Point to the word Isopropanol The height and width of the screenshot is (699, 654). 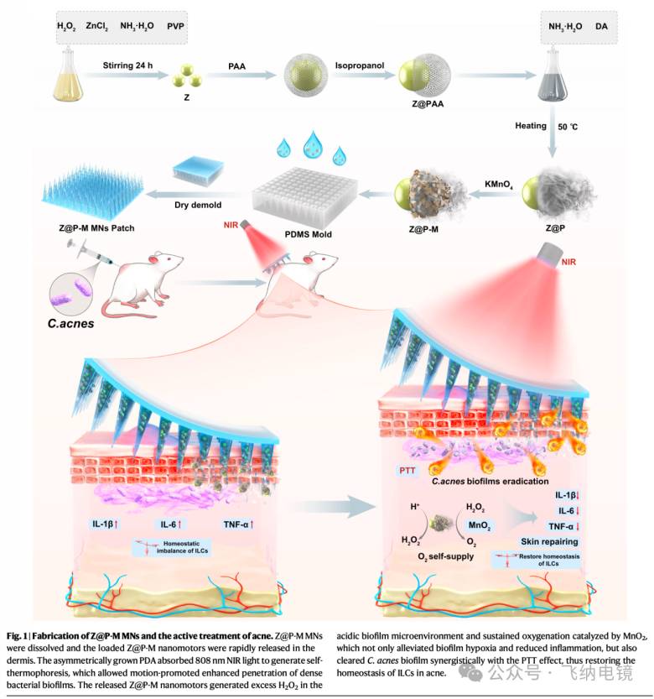tap(358, 63)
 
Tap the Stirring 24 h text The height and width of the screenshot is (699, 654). tap(130, 64)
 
